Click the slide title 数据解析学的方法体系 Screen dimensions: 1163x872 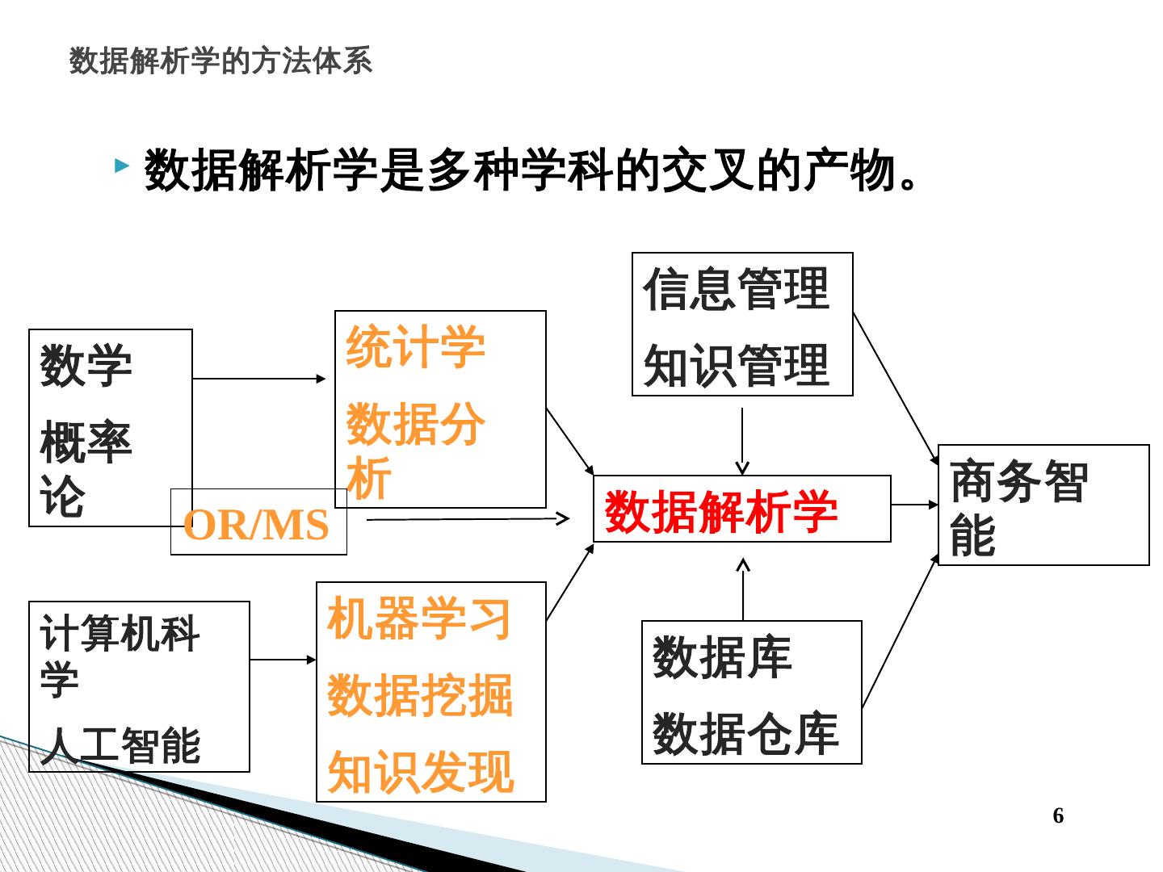pyautogui.click(x=220, y=61)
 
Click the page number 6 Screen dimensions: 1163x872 pyautogui.click(x=1058, y=815)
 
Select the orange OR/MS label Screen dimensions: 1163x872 pyautogui.click(x=257, y=525)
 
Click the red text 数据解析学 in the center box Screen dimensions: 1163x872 pyautogui.click(x=721, y=510)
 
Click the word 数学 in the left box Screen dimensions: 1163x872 pyautogui.click(x=86, y=365)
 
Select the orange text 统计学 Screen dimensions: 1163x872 pyautogui.click(x=415, y=347)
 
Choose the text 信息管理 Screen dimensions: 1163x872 pyautogui.click(x=737, y=289)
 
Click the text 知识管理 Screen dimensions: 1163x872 pyautogui.click(x=737, y=365)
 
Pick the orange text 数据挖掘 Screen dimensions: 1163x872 pyautogui.click(x=419, y=695)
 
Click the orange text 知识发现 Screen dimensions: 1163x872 pyautogui.click(x=420, y=771)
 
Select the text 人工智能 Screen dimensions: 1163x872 pyautogui.click(x=120, y=744)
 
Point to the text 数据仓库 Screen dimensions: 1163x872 pyautogui.click(x=745, y=733)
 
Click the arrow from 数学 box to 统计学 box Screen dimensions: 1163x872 pyautogui.click(x=259, y=378)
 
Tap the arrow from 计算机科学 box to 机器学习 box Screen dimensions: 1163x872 pyautogui.click(x=283, y=660)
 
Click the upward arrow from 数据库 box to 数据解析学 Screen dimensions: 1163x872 pyautogui.click(x=743, y=589)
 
